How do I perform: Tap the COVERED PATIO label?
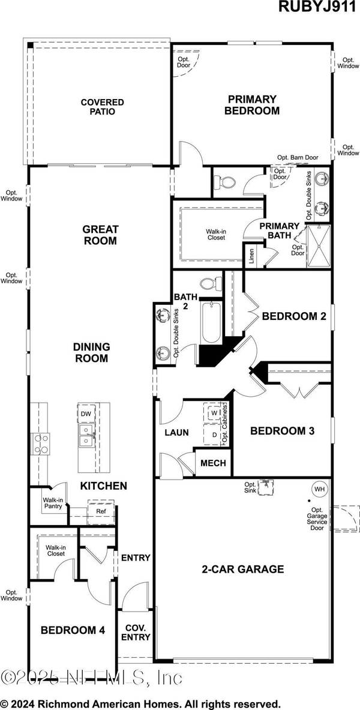coord(103,107)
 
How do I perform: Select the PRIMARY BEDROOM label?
coord(252,105)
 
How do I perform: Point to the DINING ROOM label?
coord(91,352)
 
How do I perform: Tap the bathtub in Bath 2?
coord(207,325)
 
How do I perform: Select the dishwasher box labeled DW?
coord(85,414)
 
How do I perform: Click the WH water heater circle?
coord(319,489)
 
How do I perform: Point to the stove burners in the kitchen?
coord(41,444)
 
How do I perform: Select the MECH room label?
coord(212,463)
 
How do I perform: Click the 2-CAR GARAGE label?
coord(243,569)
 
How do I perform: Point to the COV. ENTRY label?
coord(135,631)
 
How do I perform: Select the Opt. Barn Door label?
coord(297,157)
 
